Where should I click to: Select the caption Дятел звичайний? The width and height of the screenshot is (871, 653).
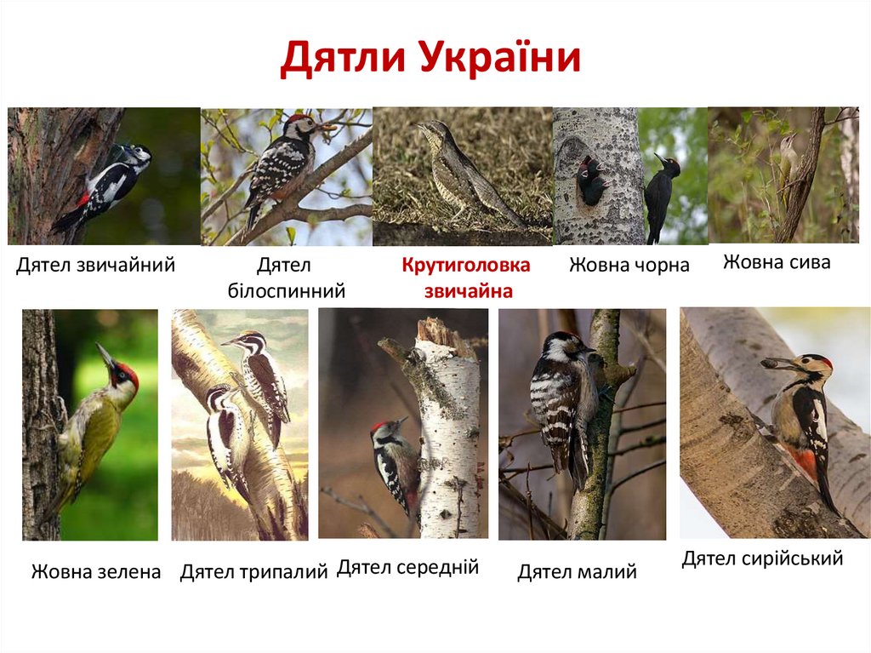pyautogui.click(x=95, y=266)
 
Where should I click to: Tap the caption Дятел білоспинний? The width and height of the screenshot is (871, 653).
pyautogui.click(x=287, y=279)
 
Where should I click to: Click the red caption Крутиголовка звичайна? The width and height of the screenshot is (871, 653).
pyautogui.click(x=466, y=278)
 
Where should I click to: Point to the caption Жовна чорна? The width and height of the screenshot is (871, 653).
pyautogui.click(x=629, y=266)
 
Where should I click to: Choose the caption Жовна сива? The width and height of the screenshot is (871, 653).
pyautogui.click(x=777, y=262)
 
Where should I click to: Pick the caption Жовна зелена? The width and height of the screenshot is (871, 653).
pyautogui.click(x=96, y=571)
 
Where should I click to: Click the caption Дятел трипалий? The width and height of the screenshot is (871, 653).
pyautogui.click(x=253, y=572)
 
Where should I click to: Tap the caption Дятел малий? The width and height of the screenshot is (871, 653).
pyautogui.click(x=577, y=572)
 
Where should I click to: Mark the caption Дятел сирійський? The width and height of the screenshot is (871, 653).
pyautogui.click(x=762, y=558)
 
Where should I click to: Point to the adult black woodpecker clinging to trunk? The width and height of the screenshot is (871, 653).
pyautogui.click(x=661, y=196)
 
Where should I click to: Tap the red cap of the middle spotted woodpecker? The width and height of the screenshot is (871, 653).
pyautogui.click(x=378, y=426)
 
